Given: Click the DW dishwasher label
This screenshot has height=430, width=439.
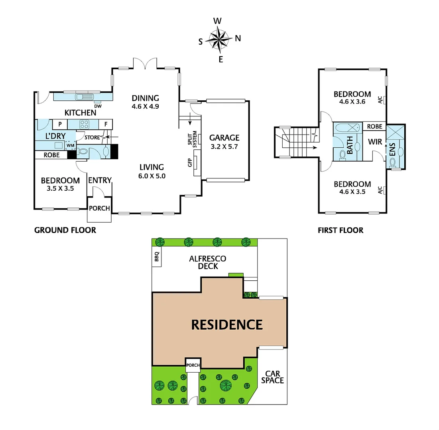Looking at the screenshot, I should pyautogui.click(x=98, y=106).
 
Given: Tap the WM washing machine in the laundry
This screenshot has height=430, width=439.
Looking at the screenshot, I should pyautogui.click(x=71, y=145).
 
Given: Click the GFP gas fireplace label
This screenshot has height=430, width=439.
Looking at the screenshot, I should pyautogui.click(x=190, y=163).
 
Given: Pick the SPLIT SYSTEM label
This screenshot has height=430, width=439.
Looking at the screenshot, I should pyautogui.click(x=195, y=139).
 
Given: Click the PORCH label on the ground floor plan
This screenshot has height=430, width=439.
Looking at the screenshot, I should pyautogui.click(x=99, y=208).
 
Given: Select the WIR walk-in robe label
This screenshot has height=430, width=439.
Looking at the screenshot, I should pyautogui.click(x=375, y=142).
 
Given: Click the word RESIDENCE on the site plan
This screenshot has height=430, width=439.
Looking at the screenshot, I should pyautogui.click(x=227, y=325).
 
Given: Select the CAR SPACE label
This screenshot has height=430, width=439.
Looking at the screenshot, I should pyautogui.click(x=273, y=377).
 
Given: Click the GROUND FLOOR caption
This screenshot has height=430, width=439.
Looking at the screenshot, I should pyautogui.click(x=65, y=230).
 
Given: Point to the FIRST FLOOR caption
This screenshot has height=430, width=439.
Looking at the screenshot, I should pyautogui.click(x=340, y=230).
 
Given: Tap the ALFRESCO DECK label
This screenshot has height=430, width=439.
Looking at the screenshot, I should pyautogui.click(x=207, y=262).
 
